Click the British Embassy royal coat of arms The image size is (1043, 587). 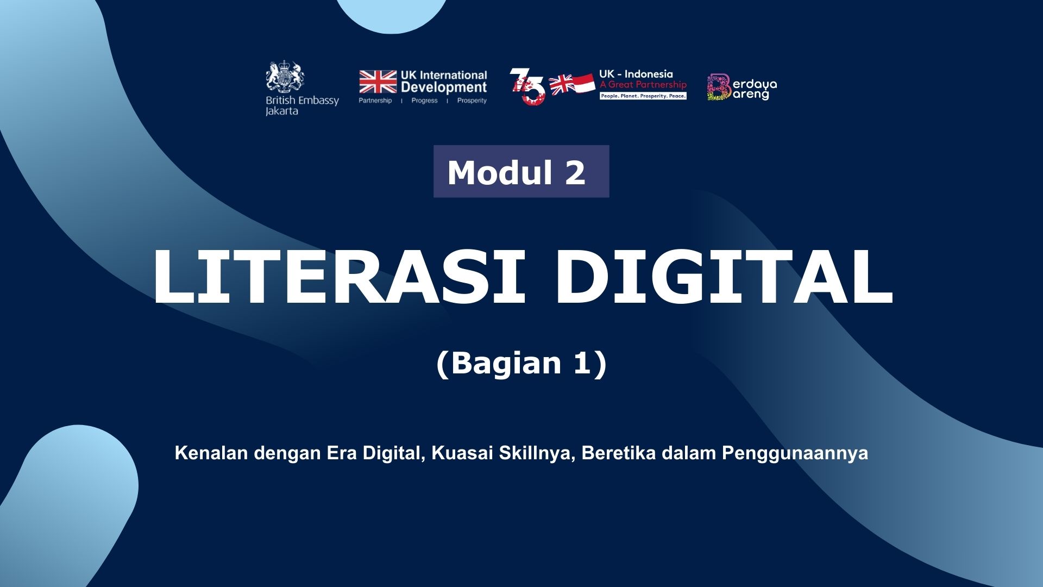coord(285,77)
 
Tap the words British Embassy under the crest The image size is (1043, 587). coord(302,100)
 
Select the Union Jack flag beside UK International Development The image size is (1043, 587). coord(378,82)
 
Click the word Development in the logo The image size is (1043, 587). coord(444,88)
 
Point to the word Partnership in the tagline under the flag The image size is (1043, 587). coord(375,101)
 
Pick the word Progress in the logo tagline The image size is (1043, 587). coord(424,101)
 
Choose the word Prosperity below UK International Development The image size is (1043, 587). coord(472,101)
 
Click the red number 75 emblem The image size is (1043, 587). coord(527,86)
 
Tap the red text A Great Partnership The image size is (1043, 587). coord(643,85)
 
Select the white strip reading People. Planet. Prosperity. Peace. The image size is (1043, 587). coord(643,96)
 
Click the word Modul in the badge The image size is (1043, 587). coord(492,172)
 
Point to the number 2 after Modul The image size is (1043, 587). coord(575,173)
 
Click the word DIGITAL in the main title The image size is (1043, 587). coord(724,277)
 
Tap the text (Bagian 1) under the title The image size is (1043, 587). coord(521,363)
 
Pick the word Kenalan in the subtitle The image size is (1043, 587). coord(212,453)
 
